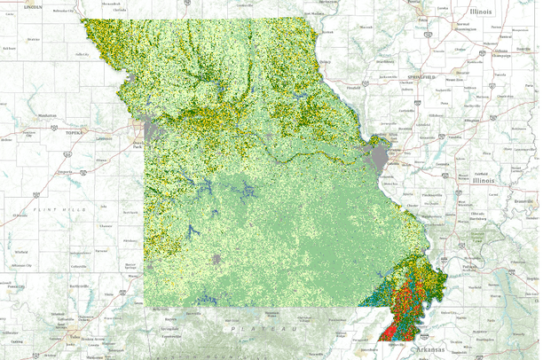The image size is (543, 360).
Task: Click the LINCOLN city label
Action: tap(33, 5)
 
